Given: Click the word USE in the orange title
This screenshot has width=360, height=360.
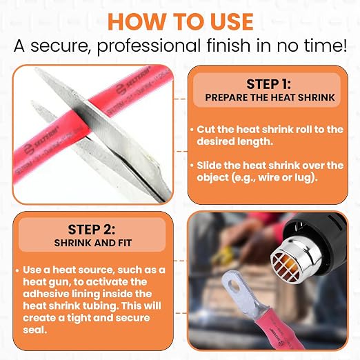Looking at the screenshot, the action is [x=232, y=22].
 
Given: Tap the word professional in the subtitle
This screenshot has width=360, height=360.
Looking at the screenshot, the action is [x=149, y=46].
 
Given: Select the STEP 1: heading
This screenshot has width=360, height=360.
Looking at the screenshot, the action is [x=268, y=84].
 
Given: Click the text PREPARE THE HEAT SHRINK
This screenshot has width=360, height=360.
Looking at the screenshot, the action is [x=270, y=97].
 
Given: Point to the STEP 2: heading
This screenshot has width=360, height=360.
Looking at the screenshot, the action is [x=92, y=230].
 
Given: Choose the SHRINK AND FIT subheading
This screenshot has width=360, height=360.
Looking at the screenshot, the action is [x=93, y=243].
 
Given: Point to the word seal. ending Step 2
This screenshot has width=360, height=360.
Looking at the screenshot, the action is [x=35, y=330].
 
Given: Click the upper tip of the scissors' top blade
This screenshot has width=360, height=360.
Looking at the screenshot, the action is [x=37, y=69].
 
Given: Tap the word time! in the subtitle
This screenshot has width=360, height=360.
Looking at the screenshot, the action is [x=326, y=46].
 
